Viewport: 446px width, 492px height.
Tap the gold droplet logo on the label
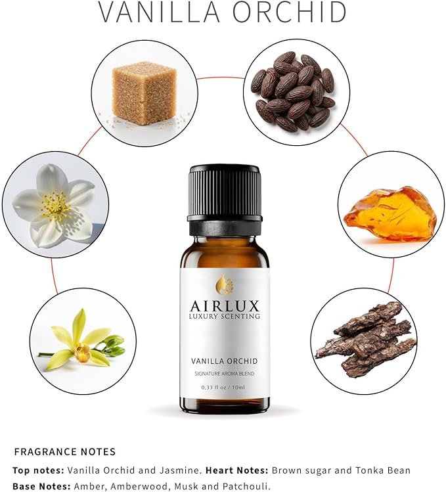(223, 284)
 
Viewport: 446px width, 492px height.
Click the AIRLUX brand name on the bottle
(224, 305)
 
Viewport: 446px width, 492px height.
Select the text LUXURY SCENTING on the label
(224, 317)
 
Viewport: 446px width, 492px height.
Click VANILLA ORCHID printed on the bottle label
(224, 361)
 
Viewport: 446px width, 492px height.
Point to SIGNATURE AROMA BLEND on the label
(224, 374)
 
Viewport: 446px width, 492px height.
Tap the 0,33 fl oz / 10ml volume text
(224, 388)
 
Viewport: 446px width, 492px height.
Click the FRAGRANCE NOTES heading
(64, 452)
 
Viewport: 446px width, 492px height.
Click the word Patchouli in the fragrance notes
(246, 486)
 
